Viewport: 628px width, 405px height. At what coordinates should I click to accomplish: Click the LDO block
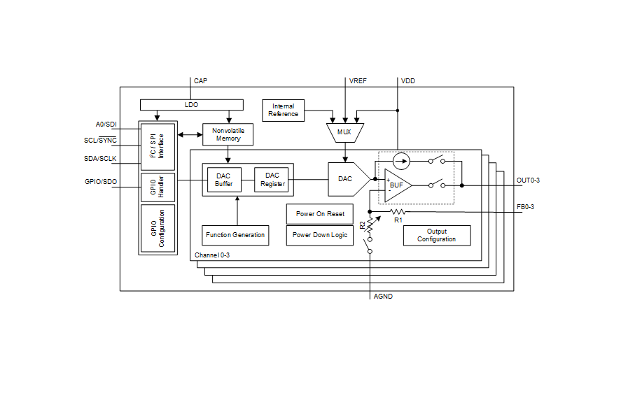click(x=191, y=105)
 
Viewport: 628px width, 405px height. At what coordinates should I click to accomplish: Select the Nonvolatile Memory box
click(x=228, y=134)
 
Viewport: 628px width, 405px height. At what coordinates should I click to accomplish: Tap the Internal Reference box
click(x=283, y=111)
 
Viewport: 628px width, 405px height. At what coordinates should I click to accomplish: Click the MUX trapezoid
click(x=344, y=132)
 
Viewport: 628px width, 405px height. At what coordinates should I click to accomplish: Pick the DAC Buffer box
click(x=224, y=180)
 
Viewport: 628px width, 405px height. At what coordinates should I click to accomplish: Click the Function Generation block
click(x=235, y=235)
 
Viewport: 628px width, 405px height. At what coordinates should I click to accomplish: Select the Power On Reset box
click(x=320, y=214)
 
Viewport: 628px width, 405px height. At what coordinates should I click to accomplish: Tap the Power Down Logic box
click(x=320, y=235)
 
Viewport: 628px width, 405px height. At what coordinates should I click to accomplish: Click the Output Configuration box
click(x=436, y=236)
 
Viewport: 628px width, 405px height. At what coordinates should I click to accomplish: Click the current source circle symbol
click(x=400, y=161)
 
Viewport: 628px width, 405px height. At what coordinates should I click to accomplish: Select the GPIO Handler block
click(x=158, y=187)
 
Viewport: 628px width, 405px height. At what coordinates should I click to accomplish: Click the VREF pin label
click(x=358, y=81)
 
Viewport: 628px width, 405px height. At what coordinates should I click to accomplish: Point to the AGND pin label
click(x=384, y=297)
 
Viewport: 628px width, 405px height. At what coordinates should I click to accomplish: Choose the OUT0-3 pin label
click(x=528, y=180)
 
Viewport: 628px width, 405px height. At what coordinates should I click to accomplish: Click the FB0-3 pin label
click(x=526, y=207)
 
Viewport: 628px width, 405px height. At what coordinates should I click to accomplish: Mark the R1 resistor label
click(x=398, y=220)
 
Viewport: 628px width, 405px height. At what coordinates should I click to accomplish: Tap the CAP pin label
click(x=200, y=81)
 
